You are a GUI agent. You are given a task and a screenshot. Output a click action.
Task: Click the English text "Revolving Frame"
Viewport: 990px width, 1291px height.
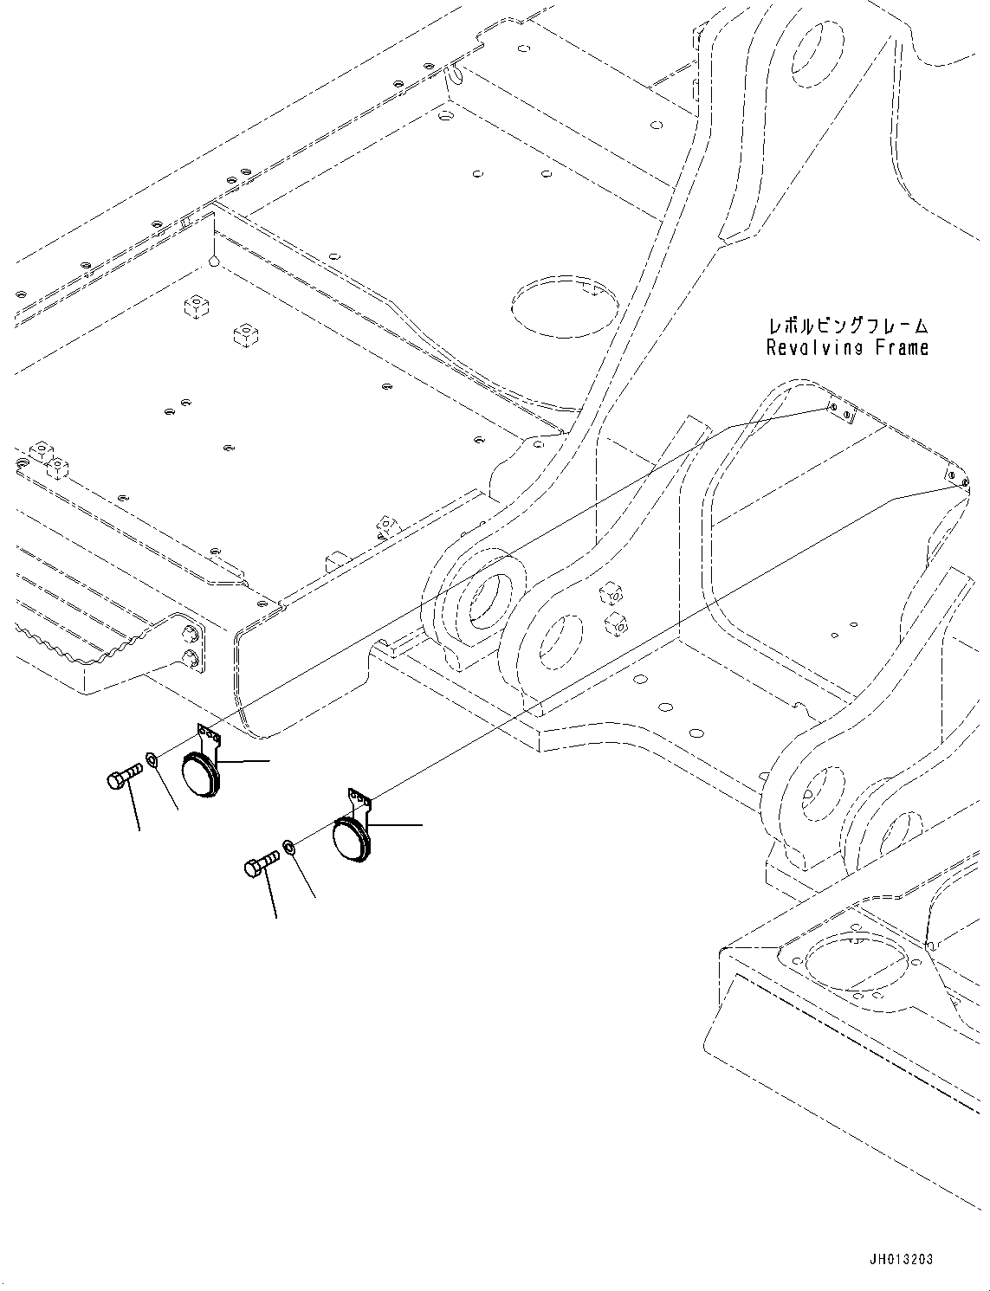pyautogui.click(x=847, y=348)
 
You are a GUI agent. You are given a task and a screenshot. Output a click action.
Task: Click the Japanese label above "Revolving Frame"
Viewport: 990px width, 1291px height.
pyautogui.click(x=848, y=326)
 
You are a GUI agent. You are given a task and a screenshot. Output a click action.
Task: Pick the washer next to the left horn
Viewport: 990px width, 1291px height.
pyautogui.click(x=152, y=759)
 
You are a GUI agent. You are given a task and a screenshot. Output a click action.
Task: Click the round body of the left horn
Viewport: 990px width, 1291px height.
pyautogui.click(x=201, y=776)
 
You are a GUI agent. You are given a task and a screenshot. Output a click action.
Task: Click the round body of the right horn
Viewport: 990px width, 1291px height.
pyautogui.click(x=351, y=842)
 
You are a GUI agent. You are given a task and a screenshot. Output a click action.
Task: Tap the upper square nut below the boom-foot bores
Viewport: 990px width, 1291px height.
pyautogui.click(x=611, y=591)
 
